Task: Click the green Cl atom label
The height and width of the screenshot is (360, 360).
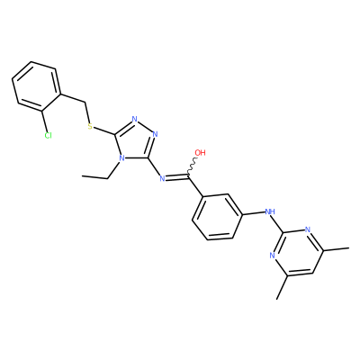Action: [48, 136]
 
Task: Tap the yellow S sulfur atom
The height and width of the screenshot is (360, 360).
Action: [90, 126]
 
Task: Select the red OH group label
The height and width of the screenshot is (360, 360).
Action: [200, 152]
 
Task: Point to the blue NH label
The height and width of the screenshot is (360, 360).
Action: [270, 212]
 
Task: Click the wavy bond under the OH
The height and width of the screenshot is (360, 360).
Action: [192, 166]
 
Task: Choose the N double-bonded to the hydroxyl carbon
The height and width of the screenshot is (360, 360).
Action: [162, 179]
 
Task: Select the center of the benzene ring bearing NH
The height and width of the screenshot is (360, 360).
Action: [217, 217]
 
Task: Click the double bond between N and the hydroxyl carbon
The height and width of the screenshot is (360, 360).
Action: [177, 177]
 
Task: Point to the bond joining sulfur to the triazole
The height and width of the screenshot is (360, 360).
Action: [104, 130]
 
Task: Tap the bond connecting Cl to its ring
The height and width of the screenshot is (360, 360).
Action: [45, 121]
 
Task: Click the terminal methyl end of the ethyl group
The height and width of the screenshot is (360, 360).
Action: [82, 176]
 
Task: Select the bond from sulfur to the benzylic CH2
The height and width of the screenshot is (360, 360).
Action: [87, 112]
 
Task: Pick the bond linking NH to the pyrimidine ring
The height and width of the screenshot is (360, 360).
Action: [278, 223]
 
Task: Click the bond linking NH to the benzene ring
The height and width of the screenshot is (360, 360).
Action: [254, 213]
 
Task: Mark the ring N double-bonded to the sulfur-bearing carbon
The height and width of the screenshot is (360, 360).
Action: [135, 119]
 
